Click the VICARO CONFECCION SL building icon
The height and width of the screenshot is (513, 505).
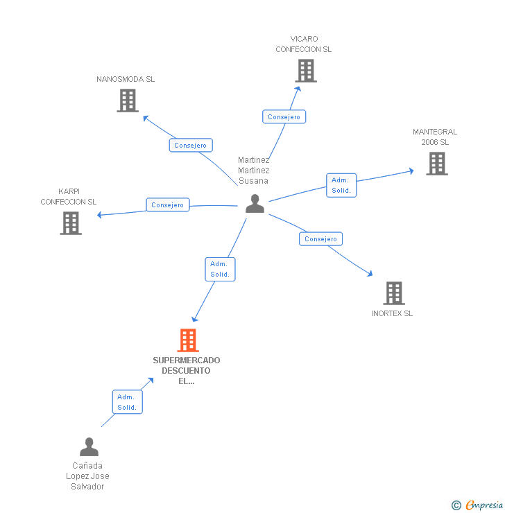click(x=305, y=71)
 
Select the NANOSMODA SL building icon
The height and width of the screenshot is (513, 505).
click(x=127, y=101)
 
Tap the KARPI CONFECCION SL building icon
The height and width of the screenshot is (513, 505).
click(x=71, y=223)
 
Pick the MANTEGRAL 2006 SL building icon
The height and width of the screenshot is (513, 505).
click(x=436, y=164)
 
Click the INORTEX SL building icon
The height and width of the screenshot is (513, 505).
click(x=393, y=293)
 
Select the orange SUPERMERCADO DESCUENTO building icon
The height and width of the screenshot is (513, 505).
click(x=188, y=340)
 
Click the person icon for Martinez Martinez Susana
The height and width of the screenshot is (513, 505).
click(x=255, y=204)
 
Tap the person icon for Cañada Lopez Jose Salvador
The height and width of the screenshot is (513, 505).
click(x=89, y=447)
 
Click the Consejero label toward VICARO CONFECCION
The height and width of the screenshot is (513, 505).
click(x=284, y=117)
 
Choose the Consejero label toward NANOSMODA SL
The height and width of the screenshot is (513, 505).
click(x=190, y=146)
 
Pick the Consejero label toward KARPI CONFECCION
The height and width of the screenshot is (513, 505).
click(x=167, y=205)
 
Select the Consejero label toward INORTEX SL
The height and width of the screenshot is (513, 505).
click(x=320, y=239)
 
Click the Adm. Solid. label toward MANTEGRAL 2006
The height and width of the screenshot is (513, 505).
click(x=341, y=185)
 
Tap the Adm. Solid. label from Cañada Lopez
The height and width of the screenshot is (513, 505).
click(x=127, y=402)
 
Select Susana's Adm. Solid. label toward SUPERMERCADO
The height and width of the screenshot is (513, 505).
click(x=220, y=269)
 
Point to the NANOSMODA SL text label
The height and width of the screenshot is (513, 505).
click(x=126, y=79)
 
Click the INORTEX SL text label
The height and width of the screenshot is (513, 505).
click(x=392, y=313)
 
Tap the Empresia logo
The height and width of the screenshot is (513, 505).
click(x=483, y=505)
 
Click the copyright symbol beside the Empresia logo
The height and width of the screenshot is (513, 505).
click(x=456, y=505)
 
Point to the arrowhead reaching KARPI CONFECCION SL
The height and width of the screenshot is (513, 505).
click(x=100, y=215)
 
